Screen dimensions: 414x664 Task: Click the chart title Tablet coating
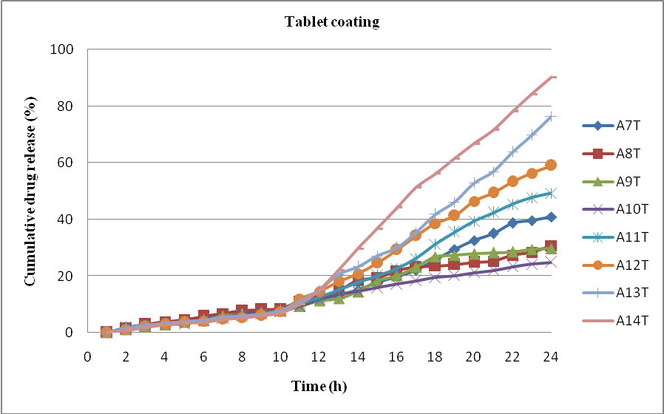tap(332, 21)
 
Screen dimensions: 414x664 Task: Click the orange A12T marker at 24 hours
tap(550, 165)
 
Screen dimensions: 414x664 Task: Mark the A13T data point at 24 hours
tap(550, 117)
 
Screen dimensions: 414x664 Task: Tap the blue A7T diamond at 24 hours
tap(550, 217)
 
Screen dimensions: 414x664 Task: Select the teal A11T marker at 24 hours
tap(550, 193)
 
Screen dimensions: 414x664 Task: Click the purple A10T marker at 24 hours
tap(550, 262)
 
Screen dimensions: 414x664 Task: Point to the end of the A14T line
tap(553, 76)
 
